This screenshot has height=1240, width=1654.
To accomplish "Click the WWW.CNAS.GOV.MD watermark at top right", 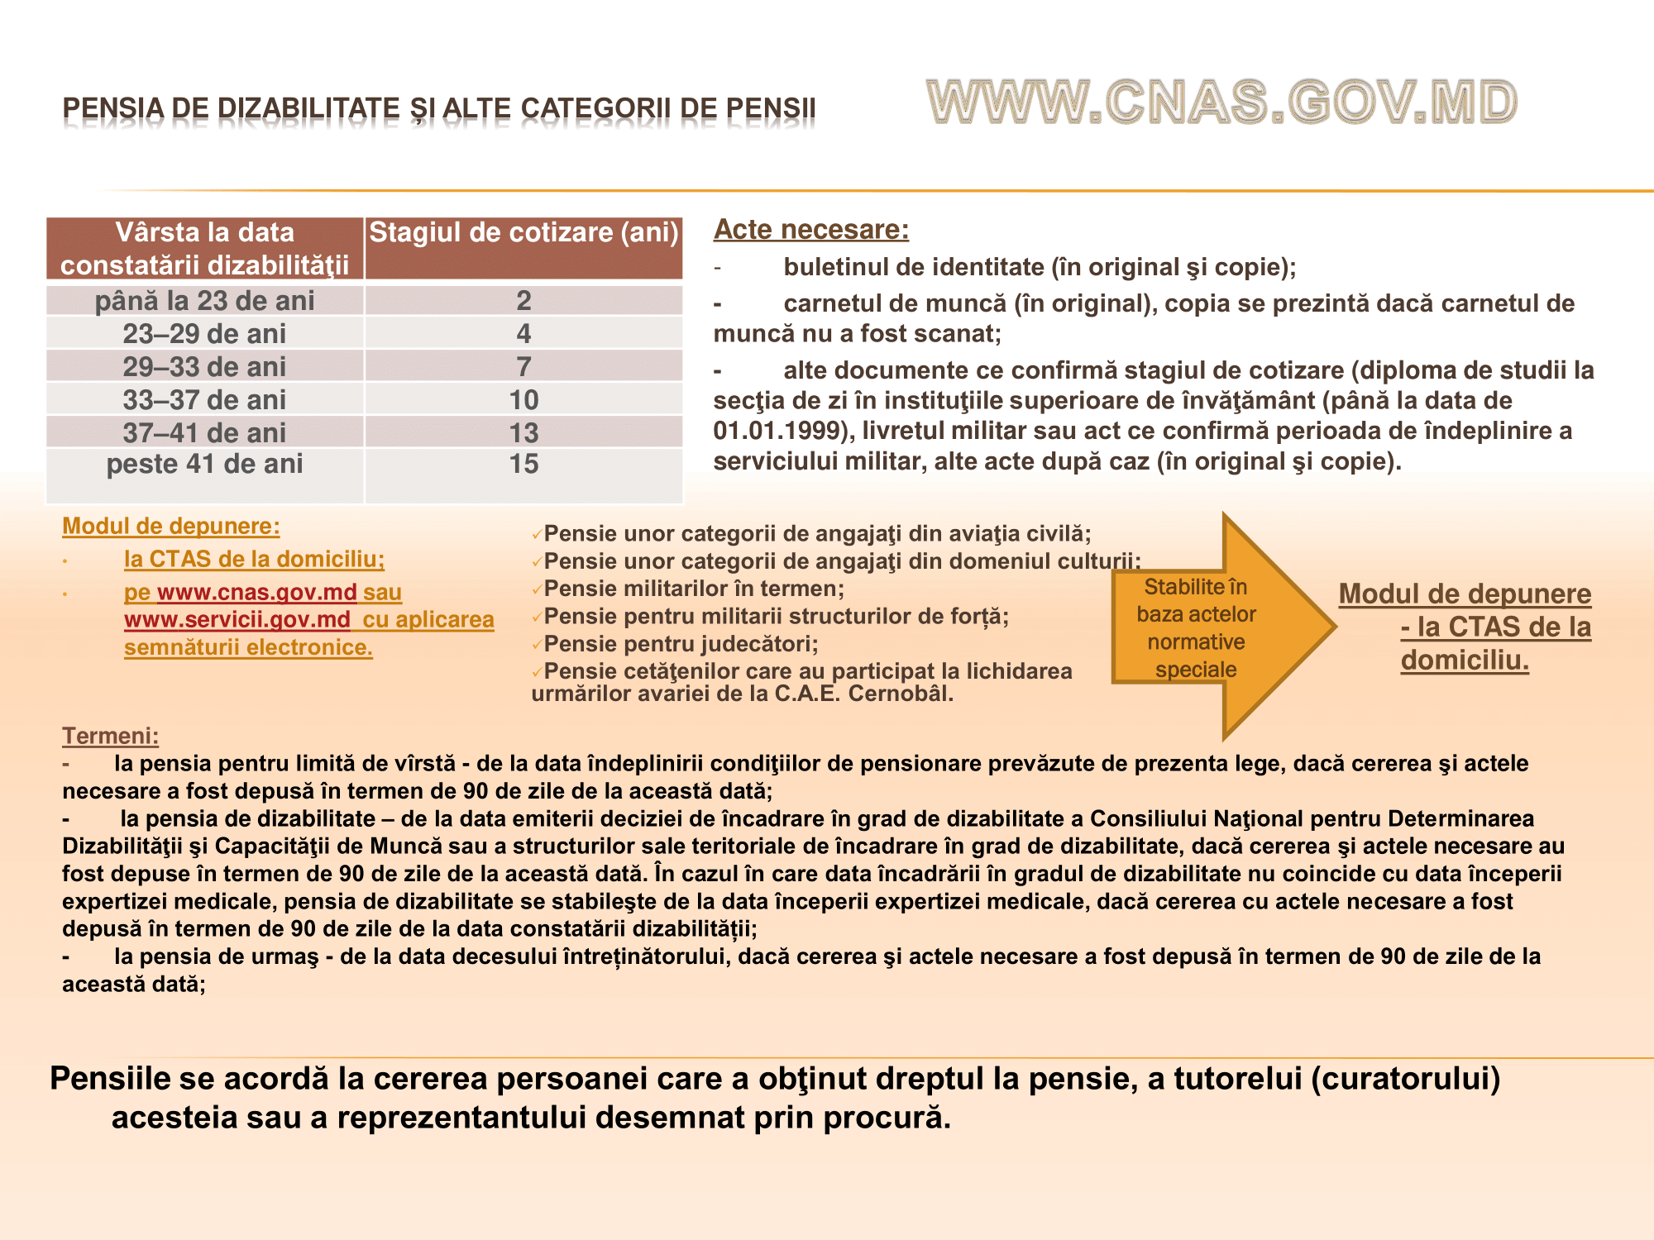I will point(1221,103).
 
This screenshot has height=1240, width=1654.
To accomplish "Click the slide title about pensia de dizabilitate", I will point(439,108).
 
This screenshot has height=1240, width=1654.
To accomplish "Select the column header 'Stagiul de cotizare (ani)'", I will point(523,233).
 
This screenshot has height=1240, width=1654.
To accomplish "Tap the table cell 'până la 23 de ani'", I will point(204,301).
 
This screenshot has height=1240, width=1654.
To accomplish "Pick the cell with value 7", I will point(523,366).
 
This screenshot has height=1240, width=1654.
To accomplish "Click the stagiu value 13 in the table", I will point(523,432).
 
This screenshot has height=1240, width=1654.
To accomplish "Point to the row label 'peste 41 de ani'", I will point(204,465).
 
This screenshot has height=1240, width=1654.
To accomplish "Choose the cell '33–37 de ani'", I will point(204,400).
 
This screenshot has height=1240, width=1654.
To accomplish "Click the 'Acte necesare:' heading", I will point(810,230).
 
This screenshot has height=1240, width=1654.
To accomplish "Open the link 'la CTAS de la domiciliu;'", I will point(254,560).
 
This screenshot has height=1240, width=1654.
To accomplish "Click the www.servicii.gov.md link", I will point(237,620).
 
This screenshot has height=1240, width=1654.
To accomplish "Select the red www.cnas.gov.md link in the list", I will point(256,593).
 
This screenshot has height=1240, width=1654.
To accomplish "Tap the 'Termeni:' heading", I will point(110,736).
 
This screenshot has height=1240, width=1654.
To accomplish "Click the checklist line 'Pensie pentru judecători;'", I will point(681,644).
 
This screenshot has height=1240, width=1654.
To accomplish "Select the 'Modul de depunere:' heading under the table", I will point(171,527).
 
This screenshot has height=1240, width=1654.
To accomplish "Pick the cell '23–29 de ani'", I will point(204,334).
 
